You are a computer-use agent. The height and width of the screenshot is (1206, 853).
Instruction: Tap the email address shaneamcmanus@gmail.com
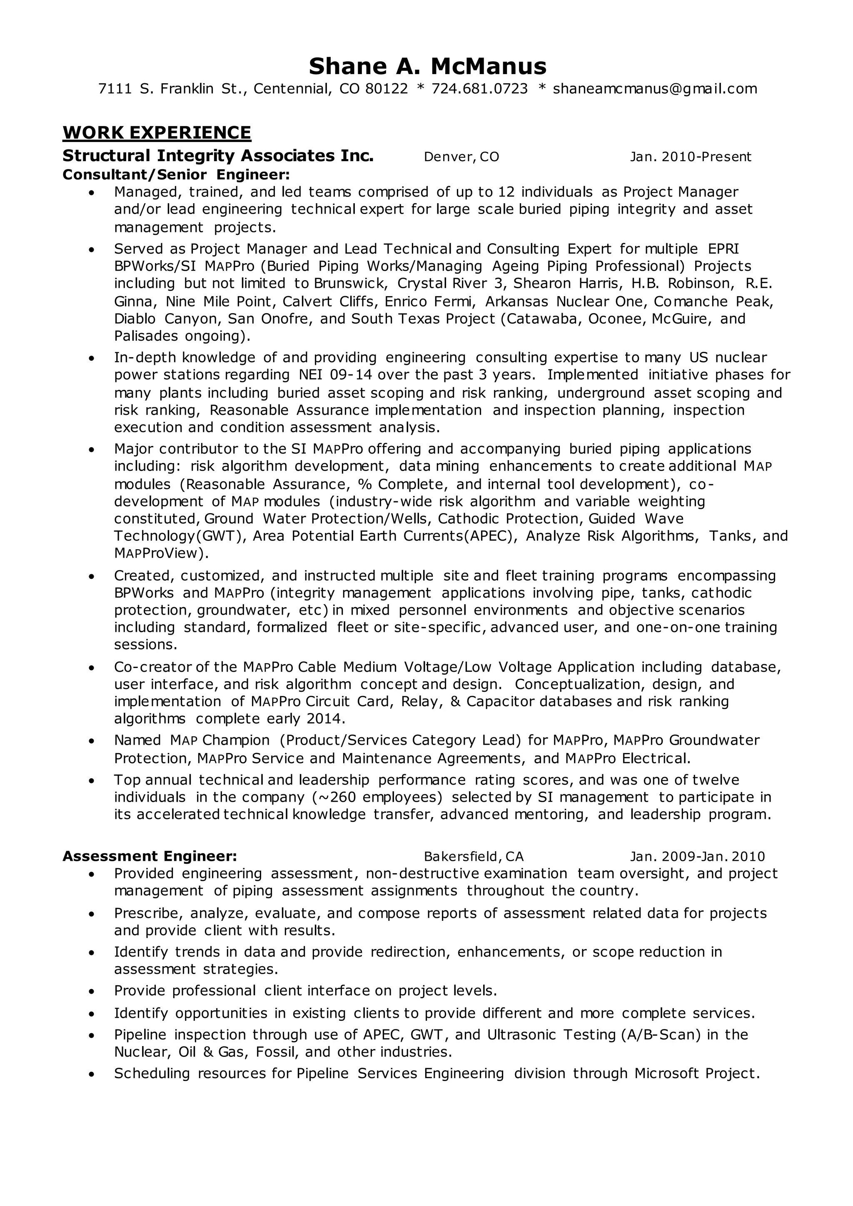(655, 89)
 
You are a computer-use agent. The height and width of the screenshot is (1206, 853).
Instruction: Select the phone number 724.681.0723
(479, 89)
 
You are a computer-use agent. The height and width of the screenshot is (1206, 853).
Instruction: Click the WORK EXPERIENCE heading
(157, 132)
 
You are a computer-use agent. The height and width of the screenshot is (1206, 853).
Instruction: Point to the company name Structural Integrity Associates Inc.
(218, 156)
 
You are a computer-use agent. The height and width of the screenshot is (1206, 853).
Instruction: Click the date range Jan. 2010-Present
(690, 157)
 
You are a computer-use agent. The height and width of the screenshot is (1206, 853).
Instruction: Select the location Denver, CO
(461, 157)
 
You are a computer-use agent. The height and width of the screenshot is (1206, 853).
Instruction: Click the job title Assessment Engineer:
(150, 856)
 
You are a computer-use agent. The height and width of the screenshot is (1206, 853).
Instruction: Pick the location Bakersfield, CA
(473, 857)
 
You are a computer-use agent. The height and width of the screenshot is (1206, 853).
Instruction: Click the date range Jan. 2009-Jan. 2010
(697, 857)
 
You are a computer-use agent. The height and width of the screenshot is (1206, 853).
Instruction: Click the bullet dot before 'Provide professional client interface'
(92, 991)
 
